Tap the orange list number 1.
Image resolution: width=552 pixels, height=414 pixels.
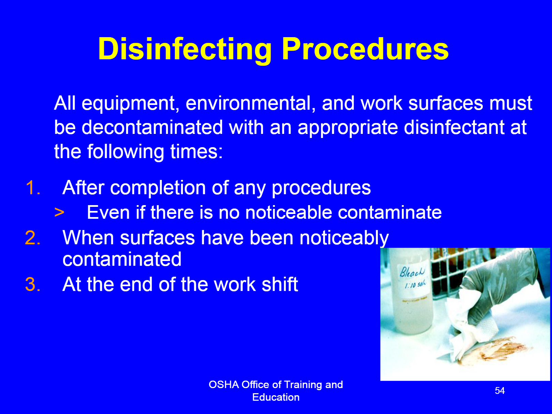(x=33, y=187)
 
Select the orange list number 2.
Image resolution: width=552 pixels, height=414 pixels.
(x=33, y=237)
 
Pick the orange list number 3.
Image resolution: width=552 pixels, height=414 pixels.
(x=33, y=284)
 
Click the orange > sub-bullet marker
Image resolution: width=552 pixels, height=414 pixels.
(x=59, y=212)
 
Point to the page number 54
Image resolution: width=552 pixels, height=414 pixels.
(x=500, y=390)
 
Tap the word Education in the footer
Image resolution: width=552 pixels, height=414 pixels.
(x=276, y=397)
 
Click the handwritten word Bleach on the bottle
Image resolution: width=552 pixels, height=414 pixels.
(x=412, y=272)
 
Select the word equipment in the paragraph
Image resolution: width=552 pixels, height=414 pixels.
(x=128, y=104)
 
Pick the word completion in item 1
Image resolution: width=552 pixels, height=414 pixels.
(x=158, y=188)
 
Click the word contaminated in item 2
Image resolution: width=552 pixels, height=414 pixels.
(x=122, y=259)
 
